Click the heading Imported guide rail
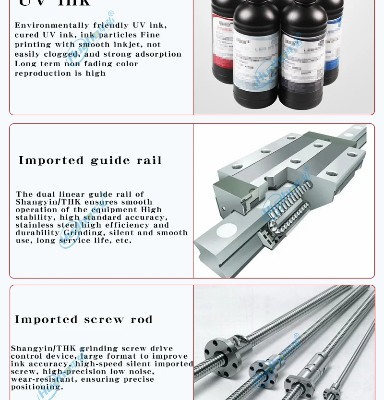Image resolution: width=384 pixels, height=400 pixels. (90, 160)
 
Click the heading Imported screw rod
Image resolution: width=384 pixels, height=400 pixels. (84, 320)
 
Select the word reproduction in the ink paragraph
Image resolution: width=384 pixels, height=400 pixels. (37, 73)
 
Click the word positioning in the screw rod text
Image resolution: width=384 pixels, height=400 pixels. (36, 387)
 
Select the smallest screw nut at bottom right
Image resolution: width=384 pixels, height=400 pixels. (331, 391)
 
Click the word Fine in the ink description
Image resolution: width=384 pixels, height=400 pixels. (150, 35)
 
